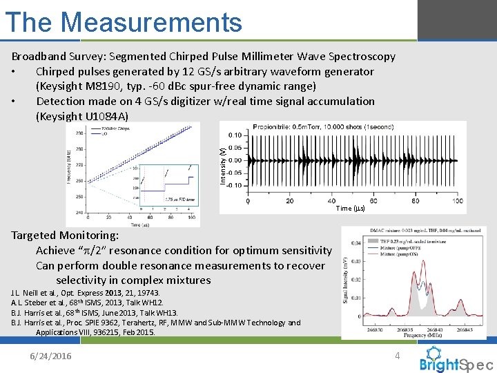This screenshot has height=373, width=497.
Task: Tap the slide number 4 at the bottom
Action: [397, 356]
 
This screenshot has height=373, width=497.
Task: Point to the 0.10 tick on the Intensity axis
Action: [235, 135]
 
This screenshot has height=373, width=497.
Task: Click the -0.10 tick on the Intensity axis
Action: [235, 185]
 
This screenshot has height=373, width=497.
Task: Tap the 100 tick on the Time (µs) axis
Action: [457, 201]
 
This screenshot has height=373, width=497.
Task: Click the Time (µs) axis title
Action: [349, 209]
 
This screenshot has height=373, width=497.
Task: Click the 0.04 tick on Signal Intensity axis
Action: [355, 242]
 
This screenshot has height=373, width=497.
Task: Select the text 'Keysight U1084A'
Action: [81, 116]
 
